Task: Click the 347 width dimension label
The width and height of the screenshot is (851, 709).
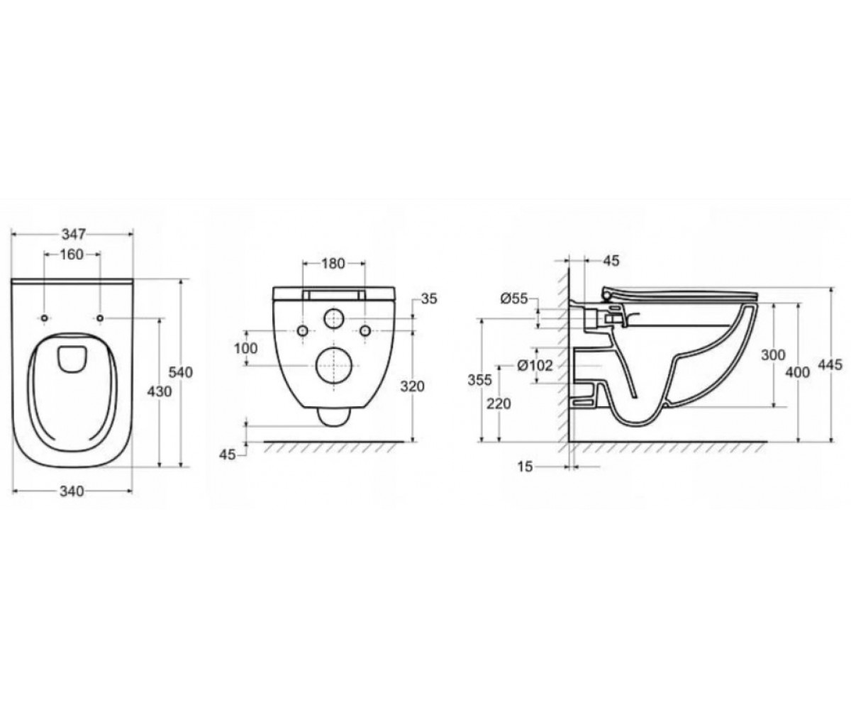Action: [x=74, y=234]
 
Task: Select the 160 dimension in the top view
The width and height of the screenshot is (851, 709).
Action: [x=72, y=255]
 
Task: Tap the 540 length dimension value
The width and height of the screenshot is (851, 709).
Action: [x=181, y=372]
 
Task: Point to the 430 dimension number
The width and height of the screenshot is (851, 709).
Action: [x=160, y=391]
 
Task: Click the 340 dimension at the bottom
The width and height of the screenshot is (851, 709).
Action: [x=72, y=491]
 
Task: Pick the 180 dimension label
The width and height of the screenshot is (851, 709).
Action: [x=333, y=264]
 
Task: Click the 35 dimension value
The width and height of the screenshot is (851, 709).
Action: [x=429, y=298]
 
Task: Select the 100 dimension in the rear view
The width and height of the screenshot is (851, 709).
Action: [x=246, y=348]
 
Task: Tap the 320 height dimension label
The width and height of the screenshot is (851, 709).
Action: [x=412, y=386]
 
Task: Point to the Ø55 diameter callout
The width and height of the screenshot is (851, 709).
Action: [x=514, y=298]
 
